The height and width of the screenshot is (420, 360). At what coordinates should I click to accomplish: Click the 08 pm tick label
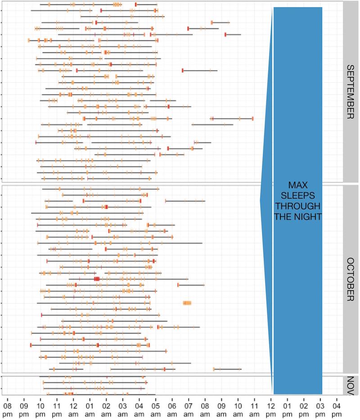coord(8,403)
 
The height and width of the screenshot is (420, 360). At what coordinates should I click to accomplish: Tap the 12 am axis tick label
coord(73,403)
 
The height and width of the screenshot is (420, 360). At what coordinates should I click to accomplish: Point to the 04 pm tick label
coord(337,403)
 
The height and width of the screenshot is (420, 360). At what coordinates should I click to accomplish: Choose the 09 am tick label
coord(221,403)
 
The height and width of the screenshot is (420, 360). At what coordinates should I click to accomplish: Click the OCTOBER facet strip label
coord(351,280)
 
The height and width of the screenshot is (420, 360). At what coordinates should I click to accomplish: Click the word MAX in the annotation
coord(297,186)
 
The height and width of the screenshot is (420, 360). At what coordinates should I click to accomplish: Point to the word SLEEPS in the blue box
coord(297,196)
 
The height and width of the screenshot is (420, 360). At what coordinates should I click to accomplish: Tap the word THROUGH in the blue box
coord(297,206)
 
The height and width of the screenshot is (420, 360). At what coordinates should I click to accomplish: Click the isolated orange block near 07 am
coord(187,303)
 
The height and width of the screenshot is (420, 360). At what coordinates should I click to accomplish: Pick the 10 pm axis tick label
coord(40,403)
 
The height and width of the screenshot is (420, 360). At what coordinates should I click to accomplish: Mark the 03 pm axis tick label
coord(320,403)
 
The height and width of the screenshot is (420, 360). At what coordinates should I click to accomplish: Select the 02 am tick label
coord(106,403)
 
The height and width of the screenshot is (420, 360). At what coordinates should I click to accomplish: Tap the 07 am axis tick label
coord(189,403)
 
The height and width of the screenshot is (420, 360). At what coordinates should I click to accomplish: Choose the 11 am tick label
coord(254,403)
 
